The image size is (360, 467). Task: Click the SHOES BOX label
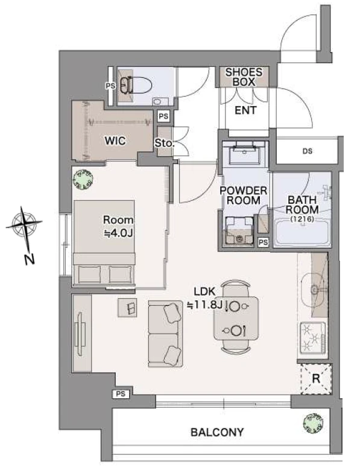click(x=244, y=77)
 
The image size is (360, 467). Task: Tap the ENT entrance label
click(x=245, y=110)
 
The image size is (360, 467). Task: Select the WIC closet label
click(x=115, y=141)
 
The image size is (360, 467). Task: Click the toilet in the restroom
click(x=136, y=86)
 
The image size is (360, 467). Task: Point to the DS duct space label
click(x=308, y=151)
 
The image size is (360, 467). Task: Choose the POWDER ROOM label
click(x=243, y=195)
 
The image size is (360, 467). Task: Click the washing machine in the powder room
click(x=239, y=231)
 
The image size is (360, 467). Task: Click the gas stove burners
click(x=312, y=338)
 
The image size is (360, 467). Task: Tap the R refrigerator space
click(x=316, y=379)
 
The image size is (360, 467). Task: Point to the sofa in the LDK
click(x=166, y=334)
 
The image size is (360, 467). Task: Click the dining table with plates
click(x=236, y=319)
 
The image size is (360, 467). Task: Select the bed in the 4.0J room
click(x=104, y=243)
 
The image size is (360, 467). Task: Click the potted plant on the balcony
click(x=313, y=423)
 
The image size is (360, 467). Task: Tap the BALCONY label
click(x=217, y=432)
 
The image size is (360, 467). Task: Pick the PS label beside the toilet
click(x=110, y=86)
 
